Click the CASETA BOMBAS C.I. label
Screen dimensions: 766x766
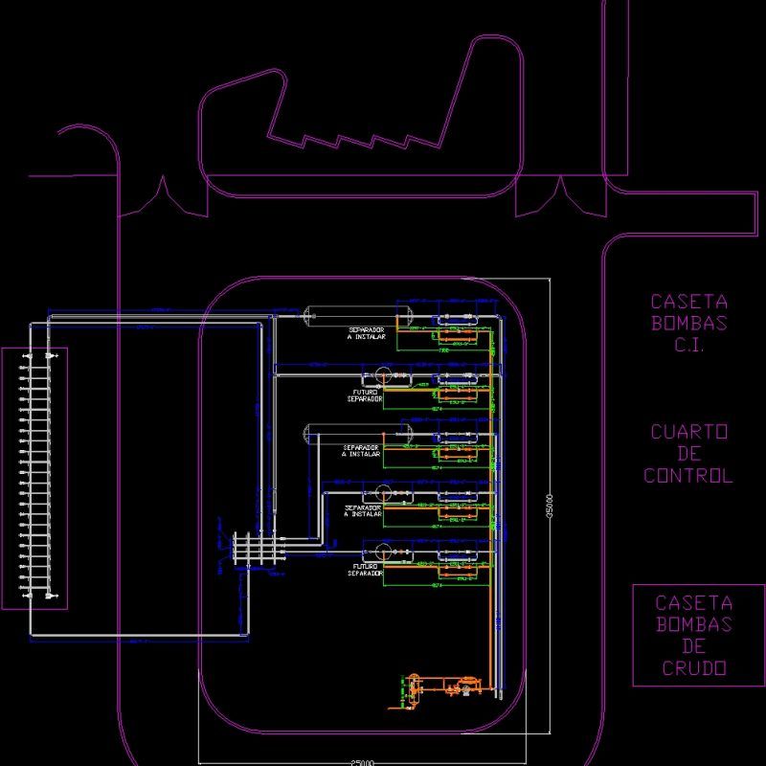tap(688, 324)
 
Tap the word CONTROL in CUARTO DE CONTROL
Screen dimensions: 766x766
tap(688, 476)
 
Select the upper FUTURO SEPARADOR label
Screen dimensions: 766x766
tap(365, 395)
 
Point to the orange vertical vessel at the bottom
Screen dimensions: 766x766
tap(415, 688)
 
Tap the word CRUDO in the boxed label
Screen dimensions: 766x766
tap(693, 668)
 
